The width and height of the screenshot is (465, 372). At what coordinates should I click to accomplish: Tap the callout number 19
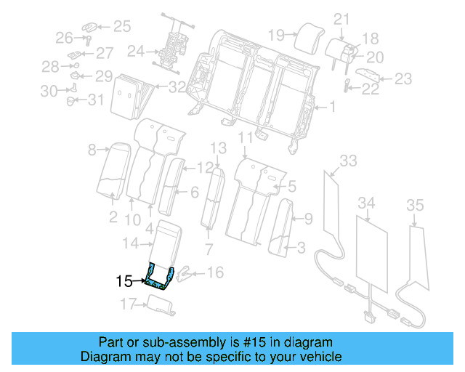(x=275, y=34)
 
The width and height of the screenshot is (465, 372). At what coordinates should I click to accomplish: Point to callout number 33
(x=349, y=161)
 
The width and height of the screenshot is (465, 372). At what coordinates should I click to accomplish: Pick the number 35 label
(x=414, y=206)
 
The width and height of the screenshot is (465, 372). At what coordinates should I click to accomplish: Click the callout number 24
(x=135, y=52)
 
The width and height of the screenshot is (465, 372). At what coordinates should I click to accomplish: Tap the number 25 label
(x=121, y=28)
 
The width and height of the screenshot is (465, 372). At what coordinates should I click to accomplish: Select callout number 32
(x=177, y=88)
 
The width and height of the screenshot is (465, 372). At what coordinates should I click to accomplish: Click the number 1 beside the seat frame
(x=333, y=108)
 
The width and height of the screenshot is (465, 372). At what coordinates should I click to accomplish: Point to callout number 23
(x=403, y=79)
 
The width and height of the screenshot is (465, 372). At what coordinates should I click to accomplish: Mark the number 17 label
(x=128, y=304)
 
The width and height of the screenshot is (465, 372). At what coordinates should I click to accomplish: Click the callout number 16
(x=215, y=272)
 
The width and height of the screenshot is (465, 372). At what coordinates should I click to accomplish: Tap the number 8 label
(x=92, y=150)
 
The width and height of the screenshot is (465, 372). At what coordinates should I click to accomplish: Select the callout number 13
(x=219, y=148)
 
